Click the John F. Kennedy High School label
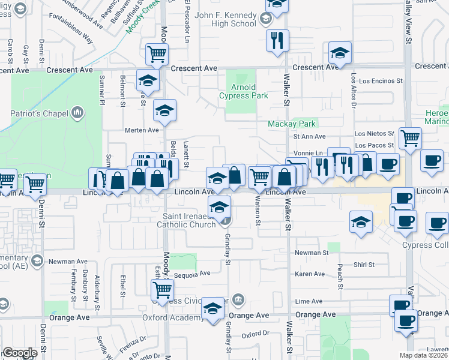pos(226,20)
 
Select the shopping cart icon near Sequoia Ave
pos(163,290)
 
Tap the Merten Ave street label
pos(141,130)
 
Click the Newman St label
pos(311,253)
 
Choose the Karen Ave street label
pos(310,274)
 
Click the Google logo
pos(20,352)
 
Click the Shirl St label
pos(364,265)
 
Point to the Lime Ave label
pos(309,301)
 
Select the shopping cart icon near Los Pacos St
pos(410,138)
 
